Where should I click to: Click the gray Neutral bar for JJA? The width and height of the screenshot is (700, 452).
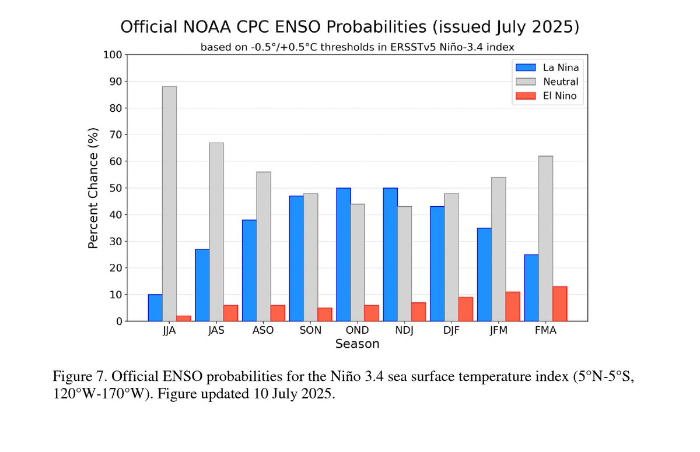(169, 204)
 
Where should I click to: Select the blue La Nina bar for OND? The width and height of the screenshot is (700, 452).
(343, 255)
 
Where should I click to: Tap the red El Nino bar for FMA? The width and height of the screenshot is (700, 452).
(559, 304)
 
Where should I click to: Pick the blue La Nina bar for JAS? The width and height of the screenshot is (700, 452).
(202, 285)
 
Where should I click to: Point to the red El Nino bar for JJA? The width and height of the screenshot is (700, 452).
(184, 319)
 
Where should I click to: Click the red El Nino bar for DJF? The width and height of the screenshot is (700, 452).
(466, 309)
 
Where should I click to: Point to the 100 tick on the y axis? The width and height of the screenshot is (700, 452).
(113, 55)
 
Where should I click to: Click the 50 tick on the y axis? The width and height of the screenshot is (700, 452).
(116, 188)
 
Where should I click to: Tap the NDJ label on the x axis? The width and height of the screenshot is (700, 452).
(404, 331)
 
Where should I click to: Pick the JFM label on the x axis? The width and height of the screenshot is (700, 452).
(498, 331)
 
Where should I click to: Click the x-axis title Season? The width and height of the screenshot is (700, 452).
(357, 344)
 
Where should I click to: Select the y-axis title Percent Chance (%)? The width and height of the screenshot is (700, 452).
(93, 188)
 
